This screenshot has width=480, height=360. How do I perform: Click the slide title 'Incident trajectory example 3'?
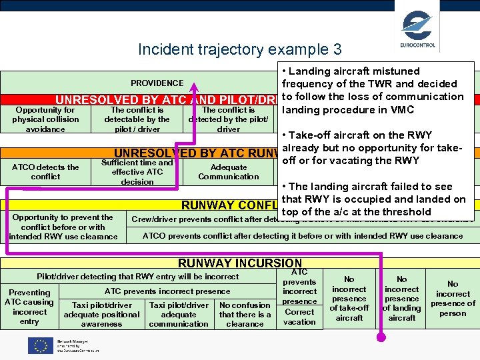pyautogui.click(x=239, y=49)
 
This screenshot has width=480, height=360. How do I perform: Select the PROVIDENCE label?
pyautogui.click(x=157, y=83)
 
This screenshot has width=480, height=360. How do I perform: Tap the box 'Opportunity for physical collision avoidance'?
pyautogui.click(x=45, y=119)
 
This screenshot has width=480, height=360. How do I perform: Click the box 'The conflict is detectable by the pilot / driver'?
pyautogui.click(x=137, y=119)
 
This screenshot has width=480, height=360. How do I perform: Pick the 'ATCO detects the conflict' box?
pyautogui.click(x=45, y=172)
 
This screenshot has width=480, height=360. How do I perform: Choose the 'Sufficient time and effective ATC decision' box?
pyautogui.click(x=137, y=172)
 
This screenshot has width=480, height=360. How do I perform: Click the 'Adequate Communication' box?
pyautogui.click(x=228, y=172)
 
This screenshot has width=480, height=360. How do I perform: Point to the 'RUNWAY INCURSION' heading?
pyautogui.click(x=240, y=263)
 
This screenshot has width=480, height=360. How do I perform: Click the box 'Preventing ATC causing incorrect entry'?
pyautogui.click(x=29, y=307)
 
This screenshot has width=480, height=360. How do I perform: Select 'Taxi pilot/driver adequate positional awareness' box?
pyautogui.click(x=101, y=315)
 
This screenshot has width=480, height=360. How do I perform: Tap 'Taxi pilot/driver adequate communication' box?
pyautogui.click(x=179, y=315)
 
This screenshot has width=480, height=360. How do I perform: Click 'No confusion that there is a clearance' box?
pyautogui.click(x=245, y=315)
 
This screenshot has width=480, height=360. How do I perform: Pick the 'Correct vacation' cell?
pyautogui.click(x=299, y=317)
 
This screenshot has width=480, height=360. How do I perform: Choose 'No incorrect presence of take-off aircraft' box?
pyautogui.click(x=349, y=299)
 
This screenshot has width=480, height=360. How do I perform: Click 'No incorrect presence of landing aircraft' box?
pyautogui.click(x=402, y=299)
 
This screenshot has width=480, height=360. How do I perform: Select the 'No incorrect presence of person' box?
pyautogui.click(x=453, y=298)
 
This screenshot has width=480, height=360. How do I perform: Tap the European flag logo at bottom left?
pyautogui.click(x=40, y=345)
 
